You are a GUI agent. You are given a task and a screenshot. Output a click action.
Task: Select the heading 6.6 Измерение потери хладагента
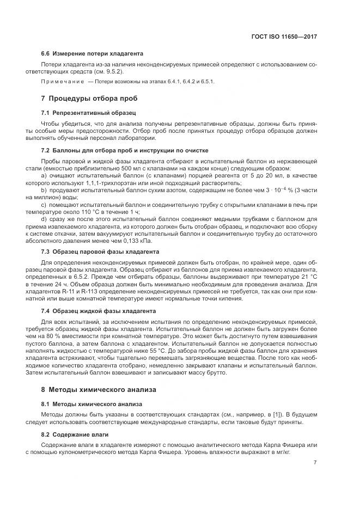pos(92,54)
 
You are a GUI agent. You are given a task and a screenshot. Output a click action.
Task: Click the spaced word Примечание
pos(62,82)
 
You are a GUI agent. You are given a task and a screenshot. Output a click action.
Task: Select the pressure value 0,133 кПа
pos(141,240)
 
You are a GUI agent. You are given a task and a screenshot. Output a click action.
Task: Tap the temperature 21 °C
pos(310,277)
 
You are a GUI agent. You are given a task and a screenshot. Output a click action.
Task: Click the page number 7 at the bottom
pos(315,463)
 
